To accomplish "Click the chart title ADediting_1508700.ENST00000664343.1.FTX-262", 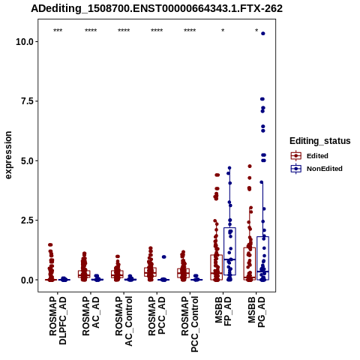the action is (x=157, y=9).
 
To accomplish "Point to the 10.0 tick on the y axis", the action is (x=25, y=41).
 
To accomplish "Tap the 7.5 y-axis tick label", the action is (x=27, y=101).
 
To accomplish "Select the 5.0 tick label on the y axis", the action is (x=27, y=160).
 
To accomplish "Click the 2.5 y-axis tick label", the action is (x=27, y=220).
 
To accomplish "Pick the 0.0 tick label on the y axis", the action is (x=27, y=280).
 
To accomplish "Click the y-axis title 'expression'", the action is (x=8, y=155).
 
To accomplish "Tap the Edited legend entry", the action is (x=310, y=156).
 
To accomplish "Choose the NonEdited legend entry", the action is (x=316, y=169).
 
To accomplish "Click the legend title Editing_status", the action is (x=320, y=141).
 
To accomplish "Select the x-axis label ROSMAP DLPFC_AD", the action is (x=58, y=320).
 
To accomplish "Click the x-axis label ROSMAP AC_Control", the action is (x=124, y=321).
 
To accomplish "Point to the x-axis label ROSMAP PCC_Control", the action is (x=190, y=324).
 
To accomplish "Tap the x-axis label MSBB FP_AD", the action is (x=223, y=311).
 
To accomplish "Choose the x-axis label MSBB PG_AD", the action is (x=256, y=312).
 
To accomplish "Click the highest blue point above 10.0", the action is (x=263, y=34).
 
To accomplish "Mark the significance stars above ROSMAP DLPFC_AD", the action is (x=58, y=31).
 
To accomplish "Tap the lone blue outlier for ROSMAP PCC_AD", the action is (x=164, y=256).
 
